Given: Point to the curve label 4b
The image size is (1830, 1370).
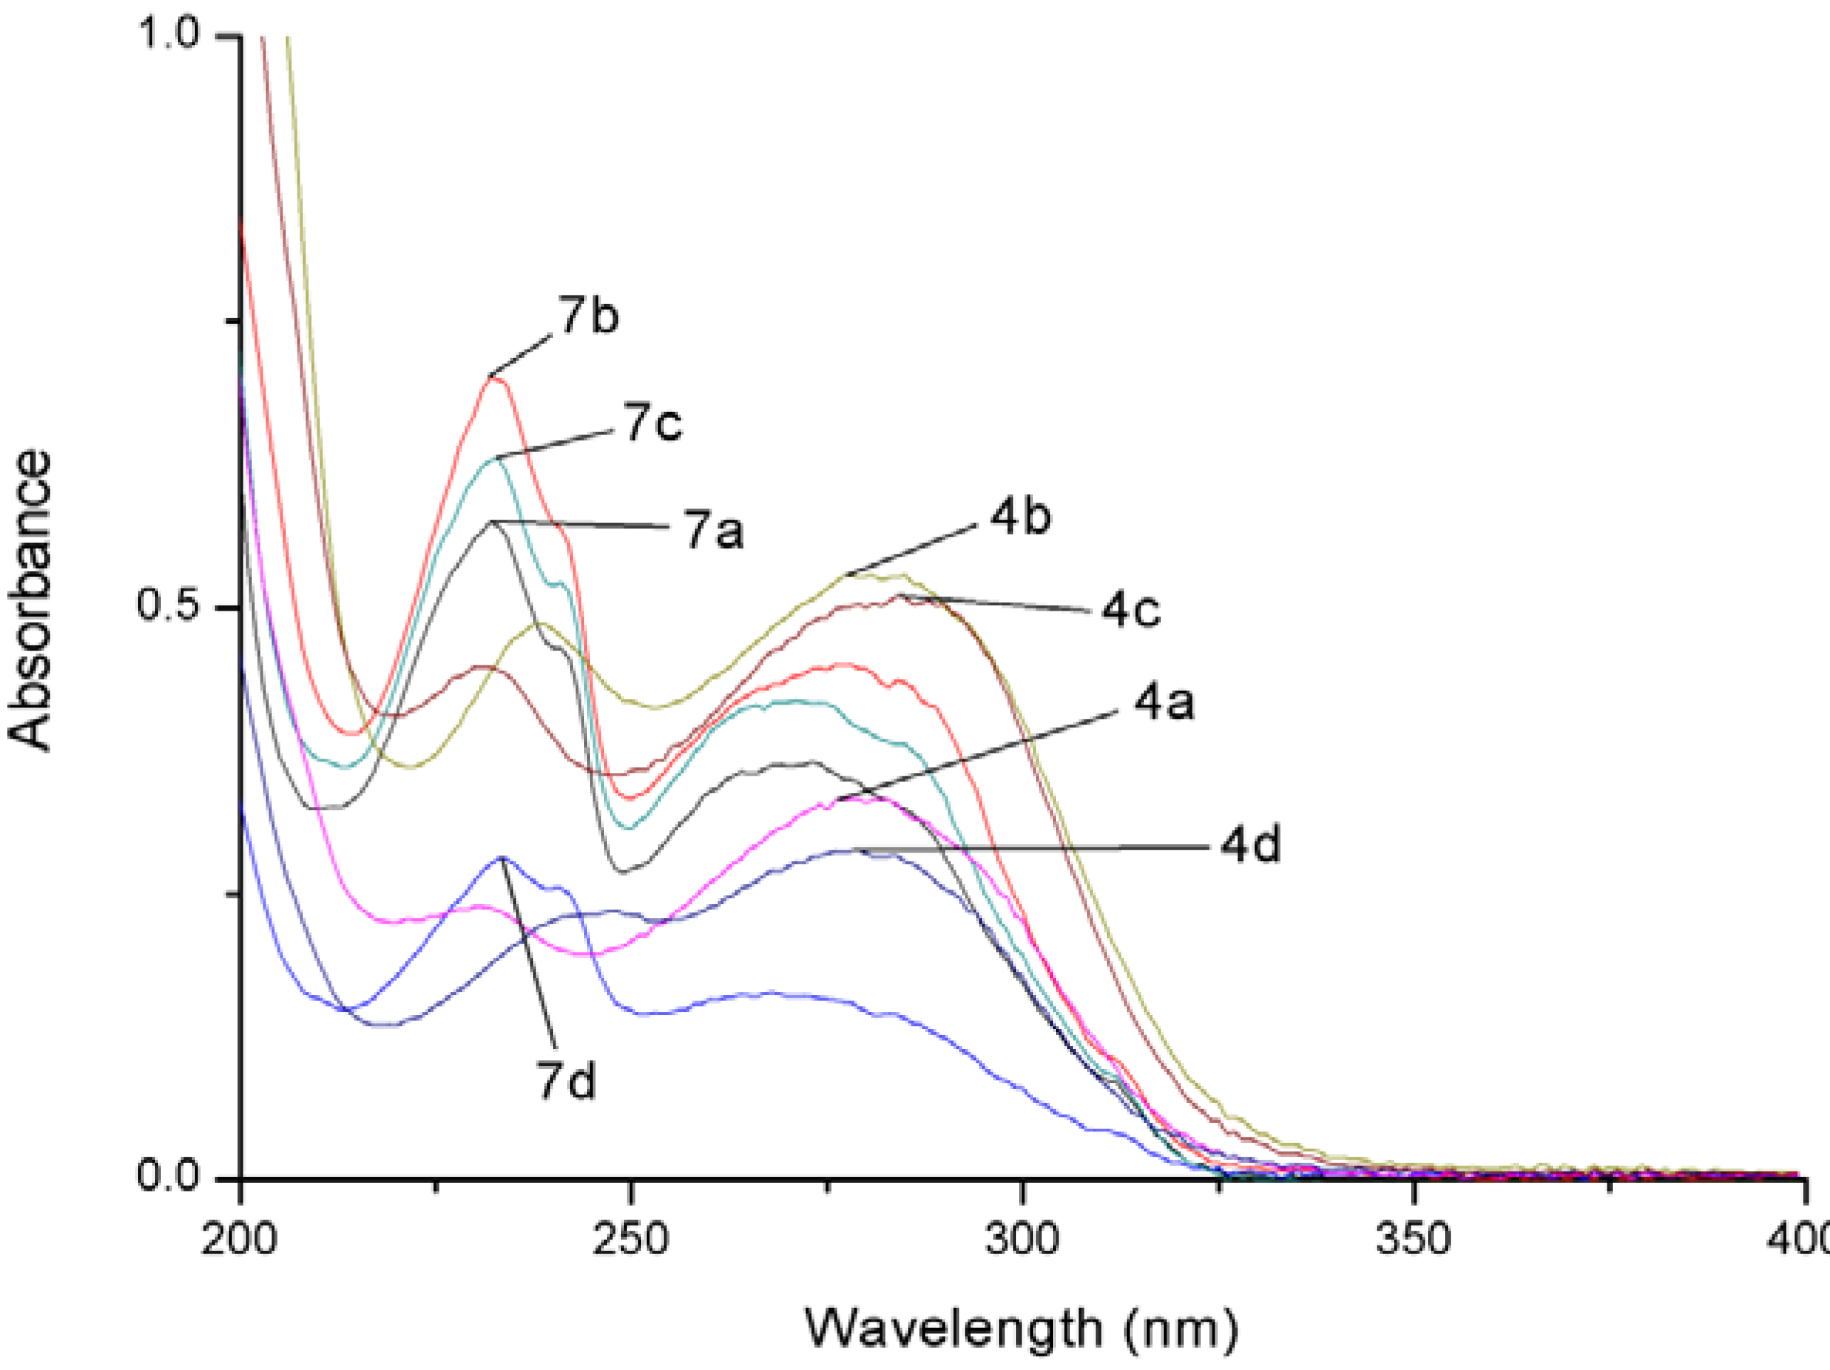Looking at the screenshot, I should click(1020, 517).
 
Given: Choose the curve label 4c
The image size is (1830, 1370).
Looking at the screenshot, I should click(1130, 611).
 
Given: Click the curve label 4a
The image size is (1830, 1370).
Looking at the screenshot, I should click(1163, 703).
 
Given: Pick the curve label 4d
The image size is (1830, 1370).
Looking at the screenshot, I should click(1250, 845).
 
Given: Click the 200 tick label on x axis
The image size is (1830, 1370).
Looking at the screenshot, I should click(239, 1240).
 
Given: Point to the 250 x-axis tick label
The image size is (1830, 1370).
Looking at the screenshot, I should click(630, 1240).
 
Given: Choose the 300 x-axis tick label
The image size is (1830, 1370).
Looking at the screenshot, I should click(1022, 1240).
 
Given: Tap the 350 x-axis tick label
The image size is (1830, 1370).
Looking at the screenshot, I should click(1414, 1240).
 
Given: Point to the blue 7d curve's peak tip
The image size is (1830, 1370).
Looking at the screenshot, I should click(502, 857).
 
